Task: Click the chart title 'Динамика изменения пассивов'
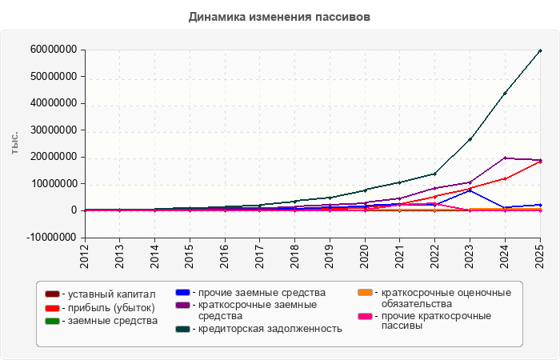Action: point(279,17)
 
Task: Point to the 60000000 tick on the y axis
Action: point(54,50)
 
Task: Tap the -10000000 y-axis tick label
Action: point(51,237)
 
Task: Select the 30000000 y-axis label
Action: point(54,130)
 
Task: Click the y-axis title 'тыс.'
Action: point(14,143)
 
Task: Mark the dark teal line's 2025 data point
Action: point(540,50)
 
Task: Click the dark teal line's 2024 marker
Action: point(505,94)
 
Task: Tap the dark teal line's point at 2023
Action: point(470,139)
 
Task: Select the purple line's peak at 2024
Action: point(505,158)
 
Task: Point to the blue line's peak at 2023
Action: point(470,190)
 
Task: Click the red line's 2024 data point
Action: point(505,178)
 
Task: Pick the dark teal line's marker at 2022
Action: point(435,174)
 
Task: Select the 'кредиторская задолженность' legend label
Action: point(270,329)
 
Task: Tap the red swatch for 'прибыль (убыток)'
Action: point(52,308)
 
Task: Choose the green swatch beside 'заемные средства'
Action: point(52,321)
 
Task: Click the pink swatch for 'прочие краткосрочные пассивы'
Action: point(365,317)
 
